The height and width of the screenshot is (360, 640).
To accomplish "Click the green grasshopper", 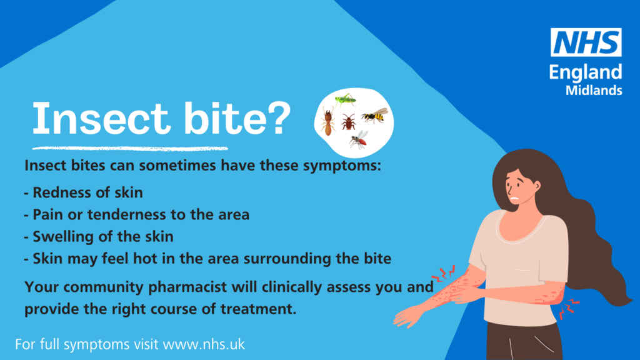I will [345, 99].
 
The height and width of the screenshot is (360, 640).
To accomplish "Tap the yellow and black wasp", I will [375, 116].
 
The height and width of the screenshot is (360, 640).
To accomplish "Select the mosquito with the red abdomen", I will [359, 139].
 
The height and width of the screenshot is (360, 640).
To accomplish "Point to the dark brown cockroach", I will [348, 121].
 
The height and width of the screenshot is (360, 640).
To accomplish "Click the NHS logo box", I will [586, 42].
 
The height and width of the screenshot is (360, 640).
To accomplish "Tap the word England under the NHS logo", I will [586, 72].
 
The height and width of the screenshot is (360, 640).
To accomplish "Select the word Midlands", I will [593, 90].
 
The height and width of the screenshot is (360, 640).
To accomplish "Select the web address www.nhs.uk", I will [204, 344].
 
